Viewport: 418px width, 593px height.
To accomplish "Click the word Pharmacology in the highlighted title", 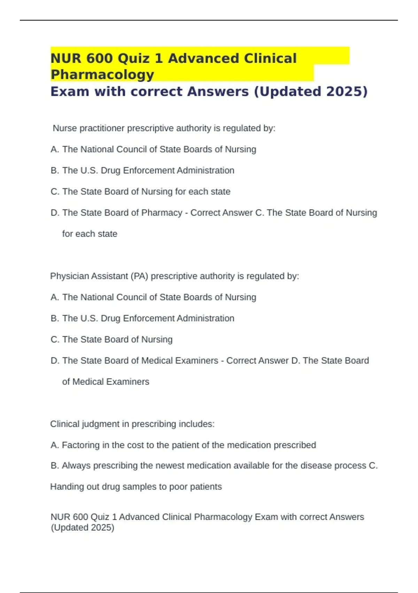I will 102,75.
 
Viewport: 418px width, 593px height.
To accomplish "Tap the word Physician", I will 69,276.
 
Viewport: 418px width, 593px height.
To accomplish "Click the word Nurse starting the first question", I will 65,128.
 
